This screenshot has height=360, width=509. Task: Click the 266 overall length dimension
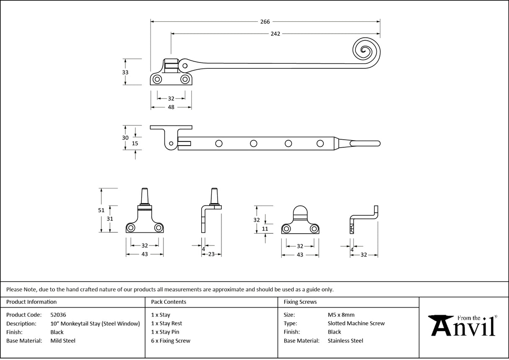pyautogui.click(x=265, y=22)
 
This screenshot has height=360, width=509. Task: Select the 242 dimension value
pyautogui.click(x=275, y=34)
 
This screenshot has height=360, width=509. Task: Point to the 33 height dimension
pyautogui.click(x=125, y=72)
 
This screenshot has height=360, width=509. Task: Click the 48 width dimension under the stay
pyautogui.click(x=171, y=107)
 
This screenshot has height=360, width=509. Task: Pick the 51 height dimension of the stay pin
pyautogui.click(x=101, y=210)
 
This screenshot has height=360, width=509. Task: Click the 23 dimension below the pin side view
pyautogui.click(x=211, y=254)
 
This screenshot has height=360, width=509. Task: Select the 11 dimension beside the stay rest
pyautogui.click(x=265, y=229)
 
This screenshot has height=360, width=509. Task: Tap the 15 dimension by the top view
pyautogui.click(x=135, y=143)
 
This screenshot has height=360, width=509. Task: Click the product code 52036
pyautogui.click(x=58, y=315)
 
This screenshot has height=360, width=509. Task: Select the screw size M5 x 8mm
pyautogui.click(x=341, y=315)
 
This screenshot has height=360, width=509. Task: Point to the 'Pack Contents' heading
pyautogui.click(x=169, y=302)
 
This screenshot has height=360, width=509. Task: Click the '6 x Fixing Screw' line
pyautogui.click(x=171, y=341)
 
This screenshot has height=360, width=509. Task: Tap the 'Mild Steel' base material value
pyautogui.click(x=63, y=341)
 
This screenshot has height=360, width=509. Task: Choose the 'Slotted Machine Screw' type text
pyautogui.click(x=356, y=323)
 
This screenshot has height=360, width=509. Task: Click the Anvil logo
pyautogui.click(x=463, y=326)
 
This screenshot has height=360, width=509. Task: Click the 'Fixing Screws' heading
pyautogui.click(x=300, y=302)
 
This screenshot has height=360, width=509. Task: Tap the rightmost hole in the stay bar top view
pyautogui.click(x=320, y=143)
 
